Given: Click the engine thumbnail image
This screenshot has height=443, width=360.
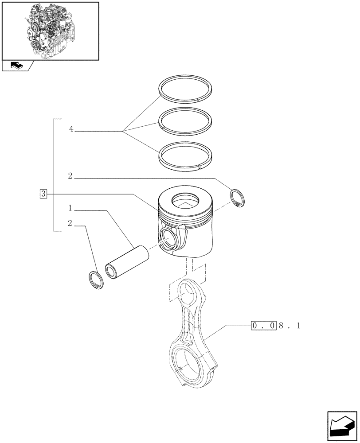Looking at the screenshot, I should point(50,31).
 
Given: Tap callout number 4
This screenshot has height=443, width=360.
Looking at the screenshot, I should point(71,129).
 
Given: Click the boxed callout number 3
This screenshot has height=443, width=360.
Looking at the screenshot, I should point(43,194).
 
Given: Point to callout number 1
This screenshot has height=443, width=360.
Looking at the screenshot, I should point(70,207).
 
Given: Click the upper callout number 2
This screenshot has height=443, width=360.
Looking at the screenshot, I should point(70,176).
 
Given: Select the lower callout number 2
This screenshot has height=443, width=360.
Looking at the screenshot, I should point(70,223).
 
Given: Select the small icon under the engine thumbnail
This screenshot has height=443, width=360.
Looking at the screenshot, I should point(16,66).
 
